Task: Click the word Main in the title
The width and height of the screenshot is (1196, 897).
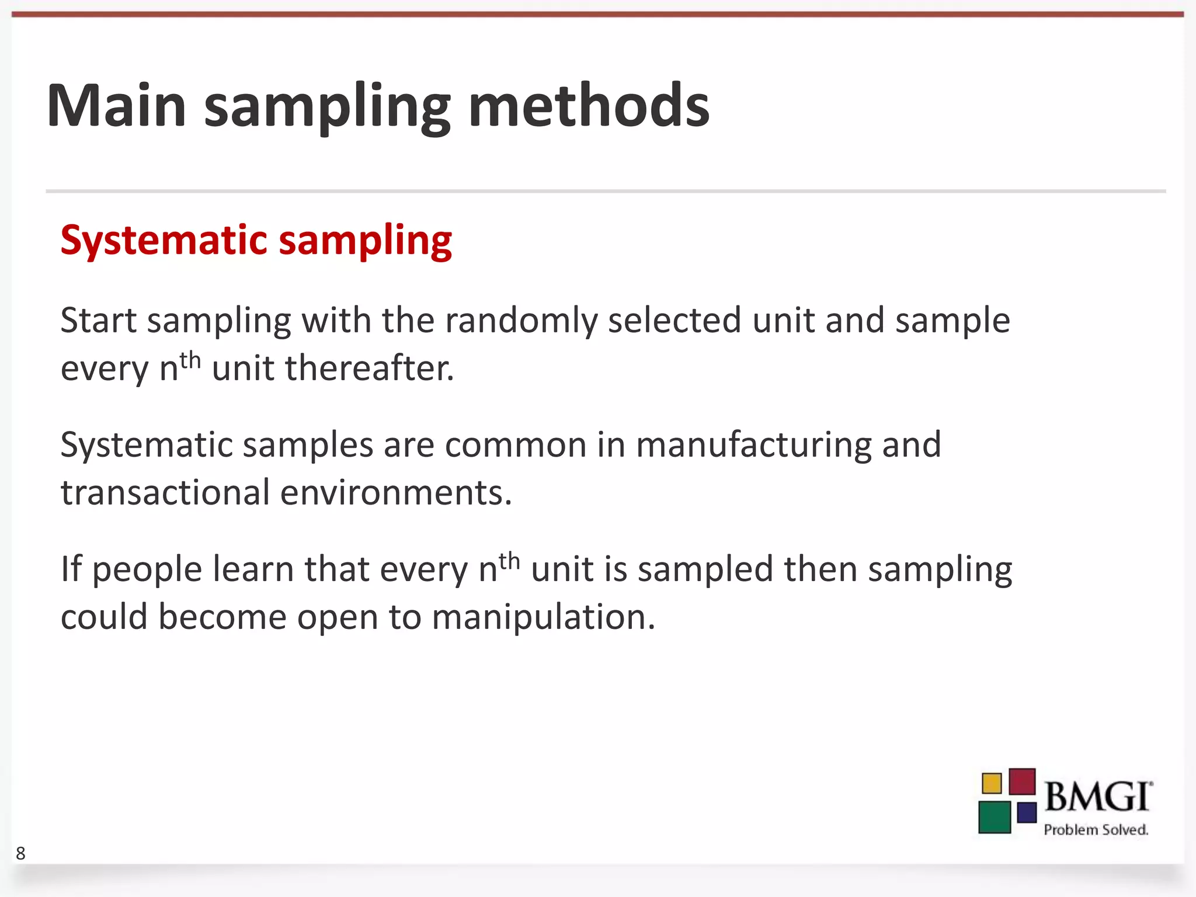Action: [x=116, y=106]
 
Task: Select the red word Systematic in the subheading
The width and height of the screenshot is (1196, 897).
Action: [x=164, y=241]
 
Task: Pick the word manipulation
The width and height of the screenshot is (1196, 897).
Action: [x=543, y=617]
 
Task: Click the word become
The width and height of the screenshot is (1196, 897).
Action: [x=222, y=617]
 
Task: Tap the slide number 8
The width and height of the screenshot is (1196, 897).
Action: [x=20, y=853]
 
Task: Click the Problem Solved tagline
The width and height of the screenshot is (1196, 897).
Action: [x=1096, y=830]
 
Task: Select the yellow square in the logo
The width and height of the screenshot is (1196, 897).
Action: [x=992, y=783]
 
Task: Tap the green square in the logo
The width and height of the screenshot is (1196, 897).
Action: [x=995, y=817]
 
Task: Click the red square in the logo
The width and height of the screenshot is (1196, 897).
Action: [x=1022, y=781]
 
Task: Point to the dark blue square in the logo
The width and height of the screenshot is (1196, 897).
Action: [x=1027, y=812]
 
